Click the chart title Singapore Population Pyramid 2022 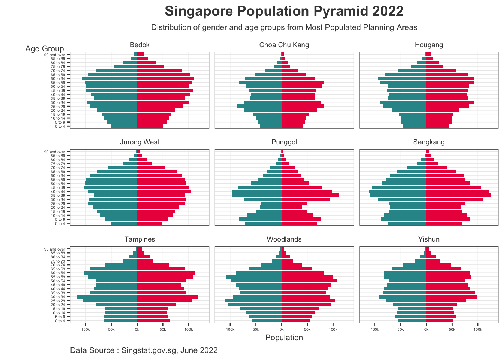(x=284, y=11)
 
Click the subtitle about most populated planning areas (x=284, y=27)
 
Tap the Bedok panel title (x=139, y=45)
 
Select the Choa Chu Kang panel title (x=284, y=45)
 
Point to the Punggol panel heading (x=284, y=142)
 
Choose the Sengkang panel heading (x=429, y=142)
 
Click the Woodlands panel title (x=284, y=239)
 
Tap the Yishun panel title (x=429, y=239)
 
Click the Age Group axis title (x=45, y=49)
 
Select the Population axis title (x=284, y=337)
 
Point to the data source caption (x=144, y=350)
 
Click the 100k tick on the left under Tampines (x=85, y=329)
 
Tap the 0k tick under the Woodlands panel (x=282, y=329)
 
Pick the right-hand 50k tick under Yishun (x=452, y=329)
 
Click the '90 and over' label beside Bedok (x=55, y=55)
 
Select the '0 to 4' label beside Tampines (x=60, y=321)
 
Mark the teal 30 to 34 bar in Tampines (x=107, y=297)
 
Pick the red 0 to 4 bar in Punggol (x=299, y=223)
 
